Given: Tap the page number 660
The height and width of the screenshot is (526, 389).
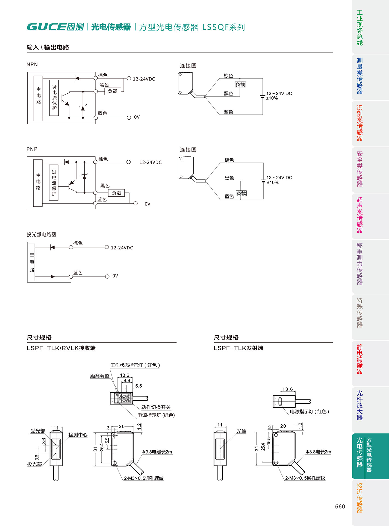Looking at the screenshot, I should tap(340, 506).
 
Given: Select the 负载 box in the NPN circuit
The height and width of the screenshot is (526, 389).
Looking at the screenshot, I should tap(113, 91).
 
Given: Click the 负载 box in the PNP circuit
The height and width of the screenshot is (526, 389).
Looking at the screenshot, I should tap(117, 193).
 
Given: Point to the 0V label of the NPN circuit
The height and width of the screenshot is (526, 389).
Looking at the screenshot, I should tap(137, 117).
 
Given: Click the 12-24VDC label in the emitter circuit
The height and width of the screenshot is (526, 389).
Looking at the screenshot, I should tap(122, 248).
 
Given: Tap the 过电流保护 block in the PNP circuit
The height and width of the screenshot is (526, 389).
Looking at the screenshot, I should tap(54, 182).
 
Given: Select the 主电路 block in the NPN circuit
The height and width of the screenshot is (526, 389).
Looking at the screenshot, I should tap(38, 98).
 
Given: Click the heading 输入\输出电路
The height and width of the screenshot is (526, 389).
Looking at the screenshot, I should tap(48, 47).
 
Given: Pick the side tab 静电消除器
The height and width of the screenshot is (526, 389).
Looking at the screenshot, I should tap(359, 359).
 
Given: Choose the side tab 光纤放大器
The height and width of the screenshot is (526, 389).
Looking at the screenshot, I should tap(359, 405).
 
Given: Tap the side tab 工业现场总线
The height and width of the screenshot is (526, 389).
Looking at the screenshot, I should tap(359, 28).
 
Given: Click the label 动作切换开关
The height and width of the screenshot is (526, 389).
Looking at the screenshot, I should tap(156, 407).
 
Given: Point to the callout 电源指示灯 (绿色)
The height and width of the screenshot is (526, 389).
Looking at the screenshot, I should tap(156, 415).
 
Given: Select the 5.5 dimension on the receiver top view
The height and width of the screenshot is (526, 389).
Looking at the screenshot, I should tap(138, 386).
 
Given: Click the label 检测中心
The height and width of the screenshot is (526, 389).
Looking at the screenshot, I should tap(78, 435).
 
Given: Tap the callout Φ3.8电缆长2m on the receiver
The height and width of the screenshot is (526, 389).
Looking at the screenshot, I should tap(157, 452).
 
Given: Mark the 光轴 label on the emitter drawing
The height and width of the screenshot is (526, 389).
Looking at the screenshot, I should tap(241, 431).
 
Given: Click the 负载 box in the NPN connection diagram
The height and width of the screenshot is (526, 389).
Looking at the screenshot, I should tap(240, 84).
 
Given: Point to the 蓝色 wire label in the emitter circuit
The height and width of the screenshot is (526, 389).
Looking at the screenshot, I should tap(78, 273).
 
